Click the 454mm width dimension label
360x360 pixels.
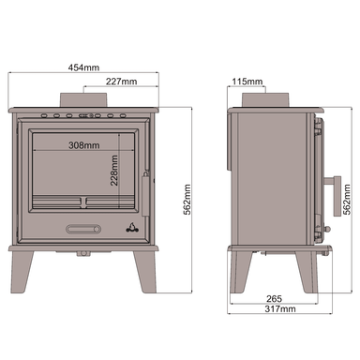[83, 67]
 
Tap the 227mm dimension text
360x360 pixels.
[122, 82]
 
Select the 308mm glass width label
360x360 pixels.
[84, 146]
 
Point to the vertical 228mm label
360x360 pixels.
[113, 172]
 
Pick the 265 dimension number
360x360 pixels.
[274, 298]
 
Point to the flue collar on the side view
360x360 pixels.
[264, 99]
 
